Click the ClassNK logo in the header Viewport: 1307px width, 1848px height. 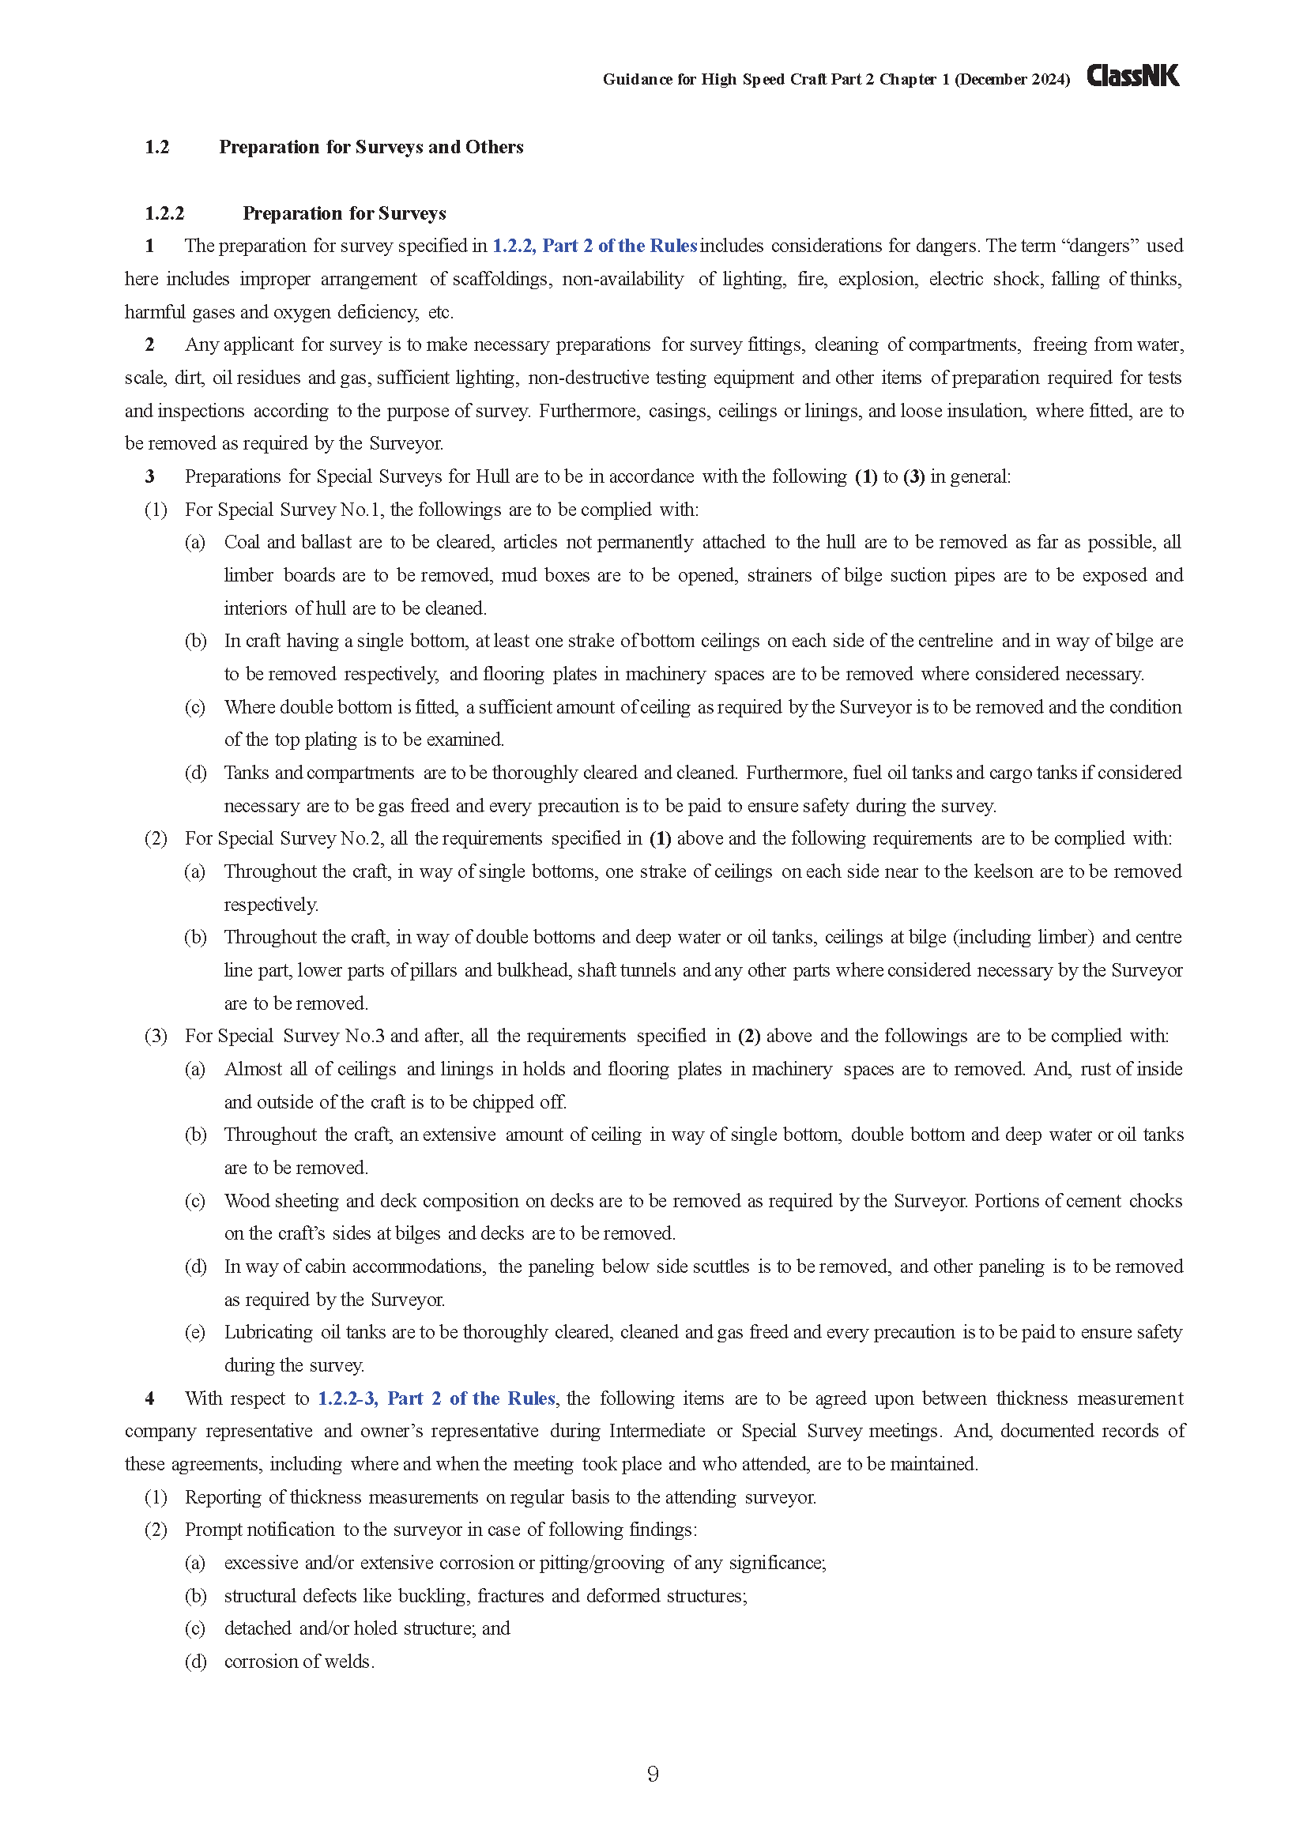tap(1132, 76)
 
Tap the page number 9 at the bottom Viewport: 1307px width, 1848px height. tap(653, 1774)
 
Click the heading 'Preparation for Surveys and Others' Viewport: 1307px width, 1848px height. tap(371, 146)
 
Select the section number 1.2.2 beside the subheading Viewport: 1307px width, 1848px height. tap(164, 213)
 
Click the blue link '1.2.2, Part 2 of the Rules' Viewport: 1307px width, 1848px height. tap(594, 246)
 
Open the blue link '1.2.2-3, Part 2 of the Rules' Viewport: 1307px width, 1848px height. tap(436, 1398)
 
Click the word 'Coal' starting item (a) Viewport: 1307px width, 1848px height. tap(242, 542)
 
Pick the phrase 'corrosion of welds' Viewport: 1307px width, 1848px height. tap(299, 1662)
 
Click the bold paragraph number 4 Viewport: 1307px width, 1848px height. tap(149, 1398)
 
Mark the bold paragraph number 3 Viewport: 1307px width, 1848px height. tap(149, 476)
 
